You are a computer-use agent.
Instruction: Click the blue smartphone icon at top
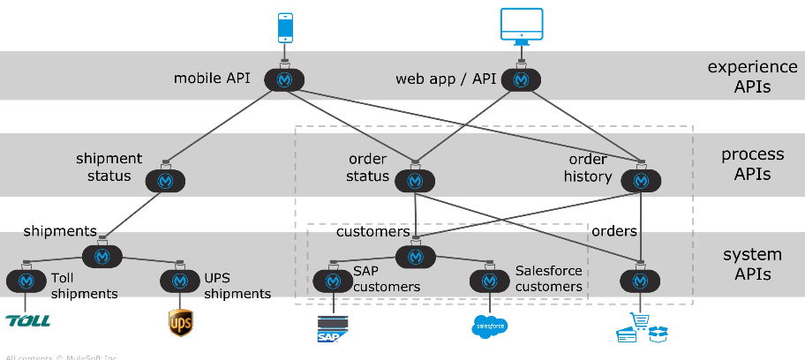[x=285, y=27]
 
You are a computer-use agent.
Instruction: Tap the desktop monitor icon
[x=521, y=26]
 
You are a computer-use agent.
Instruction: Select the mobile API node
[x=284, y=79]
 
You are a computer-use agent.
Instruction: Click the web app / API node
[x=521, y=79]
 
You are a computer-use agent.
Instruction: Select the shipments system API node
[x=102, y=256]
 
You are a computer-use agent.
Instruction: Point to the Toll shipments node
[x=26, y=281]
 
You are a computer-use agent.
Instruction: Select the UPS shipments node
[x=180, y=281]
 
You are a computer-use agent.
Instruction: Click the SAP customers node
[x=333, y=281]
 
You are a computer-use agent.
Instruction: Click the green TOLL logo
[x=27, y=321]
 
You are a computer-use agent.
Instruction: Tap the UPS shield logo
[x=180, y=323]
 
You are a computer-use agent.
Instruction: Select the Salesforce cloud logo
[x=489, y=326]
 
